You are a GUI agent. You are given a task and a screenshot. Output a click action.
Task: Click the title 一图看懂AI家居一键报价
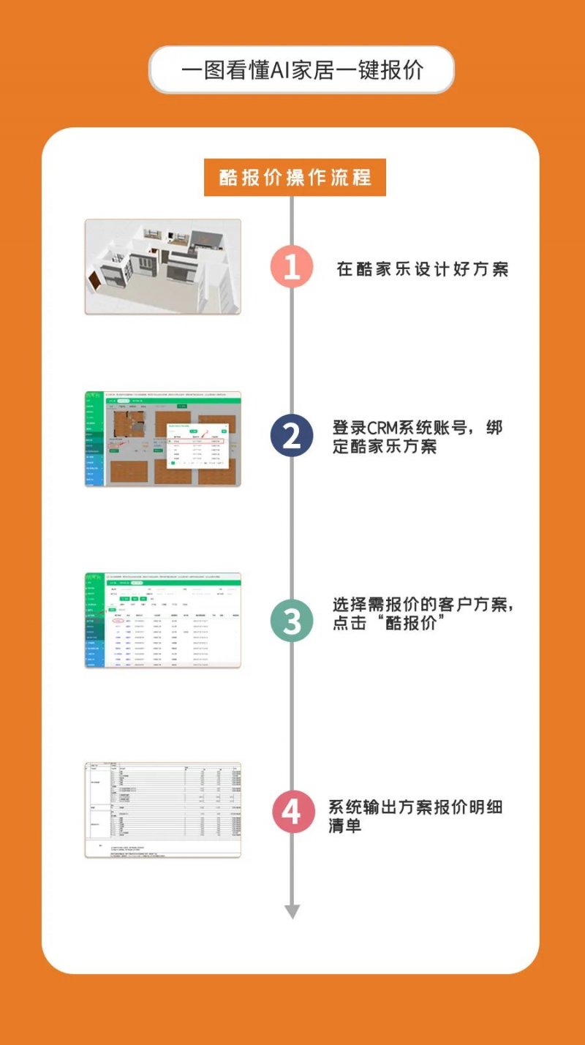[301, 70]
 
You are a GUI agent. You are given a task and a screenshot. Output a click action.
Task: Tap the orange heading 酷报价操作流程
[295, 178]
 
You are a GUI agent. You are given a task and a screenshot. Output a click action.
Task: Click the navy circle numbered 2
[292, 437]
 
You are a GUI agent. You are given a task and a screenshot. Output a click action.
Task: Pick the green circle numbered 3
[292, 622]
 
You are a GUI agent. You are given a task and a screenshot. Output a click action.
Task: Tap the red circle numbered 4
[292, 812]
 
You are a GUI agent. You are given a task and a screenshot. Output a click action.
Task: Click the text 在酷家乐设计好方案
[422, 269]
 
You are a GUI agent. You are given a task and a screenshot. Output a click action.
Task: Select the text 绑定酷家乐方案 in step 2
[385, 446]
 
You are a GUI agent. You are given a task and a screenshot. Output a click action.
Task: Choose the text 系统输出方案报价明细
[415, 808]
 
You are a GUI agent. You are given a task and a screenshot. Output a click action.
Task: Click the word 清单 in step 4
[345, 827]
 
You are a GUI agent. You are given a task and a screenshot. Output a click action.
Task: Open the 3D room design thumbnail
[162, 267]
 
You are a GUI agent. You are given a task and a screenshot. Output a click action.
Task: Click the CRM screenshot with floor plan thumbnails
[162, 439]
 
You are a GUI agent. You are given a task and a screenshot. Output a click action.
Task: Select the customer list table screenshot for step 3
[162, 620]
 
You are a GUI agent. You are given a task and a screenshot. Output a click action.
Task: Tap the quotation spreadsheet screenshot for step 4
[162, 810]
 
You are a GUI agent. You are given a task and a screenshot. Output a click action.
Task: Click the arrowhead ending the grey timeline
[292, 911]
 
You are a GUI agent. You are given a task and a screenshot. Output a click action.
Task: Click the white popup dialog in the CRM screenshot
[197, 444]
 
